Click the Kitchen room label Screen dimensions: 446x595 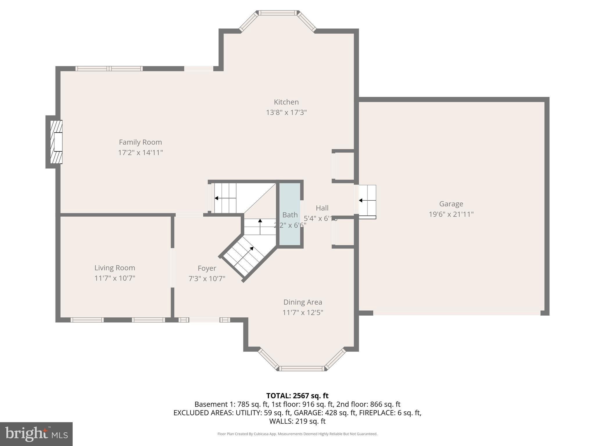pos(286,102)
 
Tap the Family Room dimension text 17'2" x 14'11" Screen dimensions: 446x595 pos(140,152)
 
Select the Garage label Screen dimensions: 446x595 pos(451,204)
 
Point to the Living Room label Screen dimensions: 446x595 pos(115,268)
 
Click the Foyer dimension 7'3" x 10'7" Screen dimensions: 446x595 pos(207,279)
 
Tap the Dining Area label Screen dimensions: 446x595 pos(303,302)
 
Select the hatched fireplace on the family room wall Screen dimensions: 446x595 pos(56,142)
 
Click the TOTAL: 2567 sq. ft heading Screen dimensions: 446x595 pos(297,395)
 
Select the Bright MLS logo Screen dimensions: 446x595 pos(36,434)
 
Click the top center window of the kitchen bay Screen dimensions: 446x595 pos(278,13)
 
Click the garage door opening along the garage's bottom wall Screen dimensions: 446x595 pos(456,313)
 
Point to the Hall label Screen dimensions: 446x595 pos(322,208)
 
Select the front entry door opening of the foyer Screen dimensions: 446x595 pos(204,320)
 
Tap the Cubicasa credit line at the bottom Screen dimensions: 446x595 pos(297,434)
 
